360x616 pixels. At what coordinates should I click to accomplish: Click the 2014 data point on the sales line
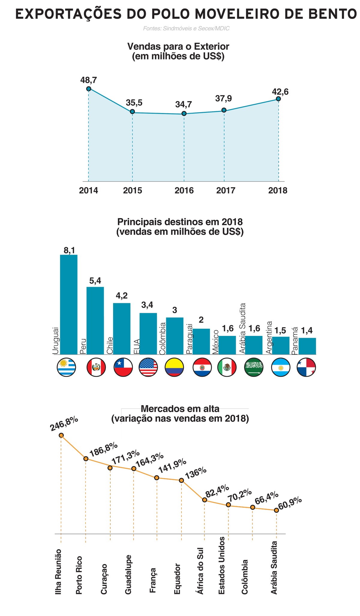[88, 89]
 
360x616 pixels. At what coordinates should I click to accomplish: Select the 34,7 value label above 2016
[184, 104]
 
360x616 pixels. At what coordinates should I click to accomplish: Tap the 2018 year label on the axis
[278, 191]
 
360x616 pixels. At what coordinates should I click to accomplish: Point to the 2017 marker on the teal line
[224, 110]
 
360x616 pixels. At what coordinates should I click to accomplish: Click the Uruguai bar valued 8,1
[69, 304]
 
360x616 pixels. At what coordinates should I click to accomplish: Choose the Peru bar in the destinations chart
[95, 321]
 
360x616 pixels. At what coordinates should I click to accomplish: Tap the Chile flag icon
[123, 367]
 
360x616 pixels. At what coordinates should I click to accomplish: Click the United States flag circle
[148, 367]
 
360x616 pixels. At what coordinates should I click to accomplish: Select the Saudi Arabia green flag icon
[254, 367]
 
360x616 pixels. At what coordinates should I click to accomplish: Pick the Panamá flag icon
[306, 367]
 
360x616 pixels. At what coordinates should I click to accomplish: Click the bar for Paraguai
[201, 342]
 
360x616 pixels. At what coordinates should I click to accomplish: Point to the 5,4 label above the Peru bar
[95, 281]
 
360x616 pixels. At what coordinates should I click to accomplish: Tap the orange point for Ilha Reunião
[61, 435]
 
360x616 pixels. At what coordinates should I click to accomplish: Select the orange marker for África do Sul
[205, 500]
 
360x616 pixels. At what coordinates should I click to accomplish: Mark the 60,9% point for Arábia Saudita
[276, 510]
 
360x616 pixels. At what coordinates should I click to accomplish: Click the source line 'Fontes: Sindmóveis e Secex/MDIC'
[186, 28]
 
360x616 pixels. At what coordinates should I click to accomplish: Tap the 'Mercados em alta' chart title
[180, 409]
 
